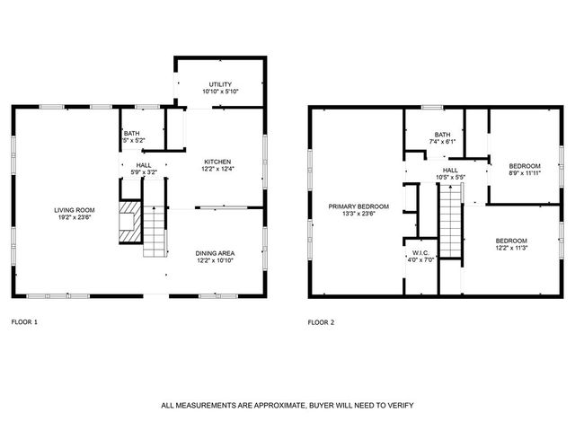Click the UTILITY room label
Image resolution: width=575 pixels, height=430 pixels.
(x=220, y=84)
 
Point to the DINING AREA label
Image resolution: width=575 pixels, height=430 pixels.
(x=215, y=253)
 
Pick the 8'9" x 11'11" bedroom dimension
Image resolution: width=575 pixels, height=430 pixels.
(x=524, y=173)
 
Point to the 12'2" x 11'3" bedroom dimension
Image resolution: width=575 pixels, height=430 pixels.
(x=511, y=248)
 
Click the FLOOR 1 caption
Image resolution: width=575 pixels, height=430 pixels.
(x=24, y=321)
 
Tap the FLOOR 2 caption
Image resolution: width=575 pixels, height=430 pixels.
(x=321, y=321)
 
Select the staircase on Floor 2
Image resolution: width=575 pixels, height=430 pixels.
(x=449, y=230)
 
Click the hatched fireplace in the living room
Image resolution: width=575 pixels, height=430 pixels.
(x=132, y=222)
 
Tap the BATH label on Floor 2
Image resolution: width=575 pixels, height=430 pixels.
(x=443, y=134)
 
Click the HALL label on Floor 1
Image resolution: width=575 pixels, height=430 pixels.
(x=144, y=165)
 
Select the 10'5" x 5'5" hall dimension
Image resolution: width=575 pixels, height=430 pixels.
(x=450, y=177)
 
